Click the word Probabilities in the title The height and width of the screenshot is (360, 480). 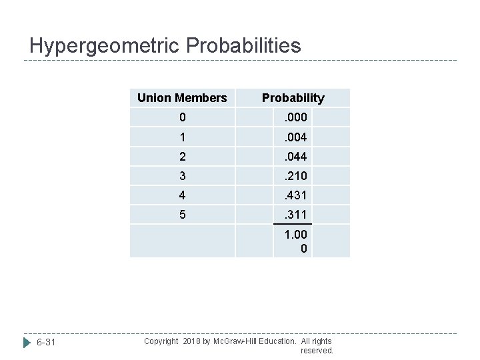pos(244,46)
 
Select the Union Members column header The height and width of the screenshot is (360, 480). pos(182,98)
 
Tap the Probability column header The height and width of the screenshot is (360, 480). pos(293,98)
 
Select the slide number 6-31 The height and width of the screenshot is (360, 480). pos(46,343)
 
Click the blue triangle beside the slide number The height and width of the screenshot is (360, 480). pos(27,343)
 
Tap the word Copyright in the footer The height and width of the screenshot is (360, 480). pos(161,341)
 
